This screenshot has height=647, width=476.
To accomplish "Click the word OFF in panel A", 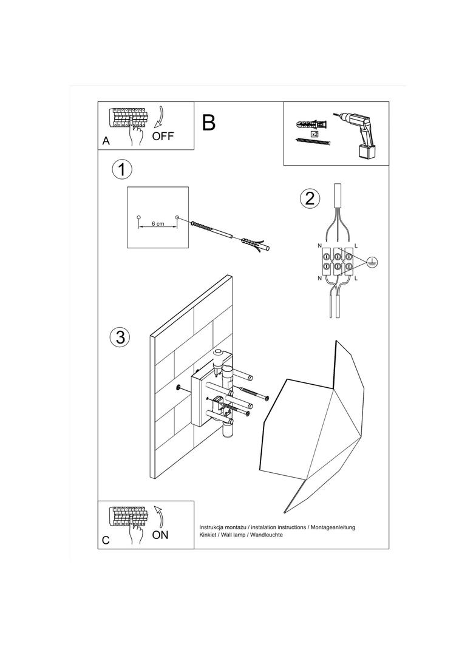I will [163, 136].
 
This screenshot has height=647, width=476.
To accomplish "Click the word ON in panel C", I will [160, 535].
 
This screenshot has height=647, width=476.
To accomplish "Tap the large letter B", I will [208, 123].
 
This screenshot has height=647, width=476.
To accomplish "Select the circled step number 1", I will [122, 169].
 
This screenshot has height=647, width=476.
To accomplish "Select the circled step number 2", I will [310, 198].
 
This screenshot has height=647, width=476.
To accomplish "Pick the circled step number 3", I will [120, 337].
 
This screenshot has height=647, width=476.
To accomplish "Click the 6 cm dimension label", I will [158, 224].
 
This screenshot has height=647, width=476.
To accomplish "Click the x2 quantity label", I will [314, 134].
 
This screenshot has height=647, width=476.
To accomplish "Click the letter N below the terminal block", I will [320, 278].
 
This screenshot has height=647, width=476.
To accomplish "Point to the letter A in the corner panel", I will [106, 141].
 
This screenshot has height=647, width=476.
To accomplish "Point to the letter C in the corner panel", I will [106, 541].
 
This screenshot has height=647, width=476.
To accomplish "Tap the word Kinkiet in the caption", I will [209, 536].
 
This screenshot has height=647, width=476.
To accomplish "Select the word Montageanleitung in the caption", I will [334, 527].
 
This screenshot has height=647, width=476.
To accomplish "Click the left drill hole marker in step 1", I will [138, 217].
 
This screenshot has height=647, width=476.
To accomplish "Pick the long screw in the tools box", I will [312, 142].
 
